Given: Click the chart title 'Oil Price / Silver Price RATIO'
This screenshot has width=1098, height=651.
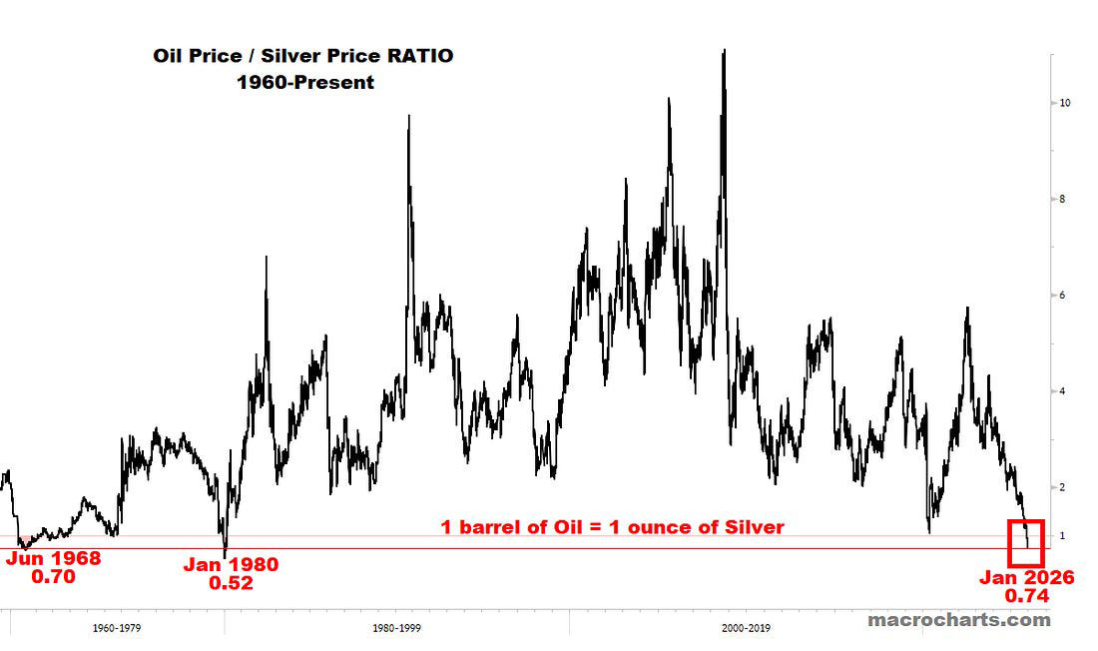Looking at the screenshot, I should point(302,56).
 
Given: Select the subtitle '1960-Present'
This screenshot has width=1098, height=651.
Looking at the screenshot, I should point(304,83).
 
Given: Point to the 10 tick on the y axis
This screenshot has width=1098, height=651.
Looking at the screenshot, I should point(1065,103).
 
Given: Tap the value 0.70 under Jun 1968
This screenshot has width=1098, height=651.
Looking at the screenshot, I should point(53,576).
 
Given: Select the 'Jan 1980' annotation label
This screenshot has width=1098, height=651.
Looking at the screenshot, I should point(231,565).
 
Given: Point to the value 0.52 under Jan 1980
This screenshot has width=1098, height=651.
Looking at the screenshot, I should point(231,583).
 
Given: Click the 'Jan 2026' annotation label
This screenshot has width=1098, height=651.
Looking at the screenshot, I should point(1025,577).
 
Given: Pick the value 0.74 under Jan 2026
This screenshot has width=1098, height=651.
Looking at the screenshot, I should point(1025,596).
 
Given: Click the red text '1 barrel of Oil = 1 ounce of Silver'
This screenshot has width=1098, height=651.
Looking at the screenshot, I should point(612,527).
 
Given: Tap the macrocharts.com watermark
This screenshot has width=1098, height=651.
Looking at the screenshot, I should point(958,620).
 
